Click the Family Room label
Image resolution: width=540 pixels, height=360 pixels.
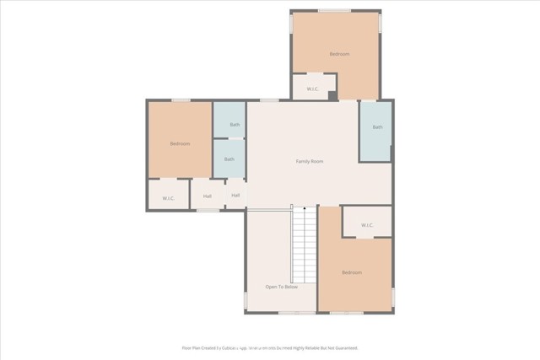(309, 161)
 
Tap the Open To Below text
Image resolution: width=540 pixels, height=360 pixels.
(281, 287)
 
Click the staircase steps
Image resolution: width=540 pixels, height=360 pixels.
(304, 249)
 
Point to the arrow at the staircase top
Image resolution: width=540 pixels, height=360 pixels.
(305, 207)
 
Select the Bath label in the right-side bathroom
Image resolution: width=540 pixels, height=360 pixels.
(377, 127)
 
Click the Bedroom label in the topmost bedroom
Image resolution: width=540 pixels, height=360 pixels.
(339, 54)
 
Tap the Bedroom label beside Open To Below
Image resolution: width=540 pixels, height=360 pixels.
(352, 272)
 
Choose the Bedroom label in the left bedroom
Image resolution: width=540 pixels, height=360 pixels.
(180, 143)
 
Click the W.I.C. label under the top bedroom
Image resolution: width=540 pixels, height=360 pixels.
(311, 89)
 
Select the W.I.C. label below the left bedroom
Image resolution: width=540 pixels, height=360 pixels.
(168, 198)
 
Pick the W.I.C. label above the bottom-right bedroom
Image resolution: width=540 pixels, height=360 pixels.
(367, 225)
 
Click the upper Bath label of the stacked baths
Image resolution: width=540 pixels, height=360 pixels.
(234, 125)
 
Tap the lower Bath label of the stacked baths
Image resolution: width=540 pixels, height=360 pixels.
(229, 159)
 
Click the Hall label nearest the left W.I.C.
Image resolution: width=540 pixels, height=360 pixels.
(207, 197)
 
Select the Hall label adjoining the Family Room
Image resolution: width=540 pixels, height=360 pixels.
(235, 196)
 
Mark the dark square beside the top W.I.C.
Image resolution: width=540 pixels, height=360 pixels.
(332, 95)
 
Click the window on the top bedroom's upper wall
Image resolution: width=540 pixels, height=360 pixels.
(335, 11)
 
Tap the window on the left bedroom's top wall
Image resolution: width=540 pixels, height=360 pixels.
(181, 100)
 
